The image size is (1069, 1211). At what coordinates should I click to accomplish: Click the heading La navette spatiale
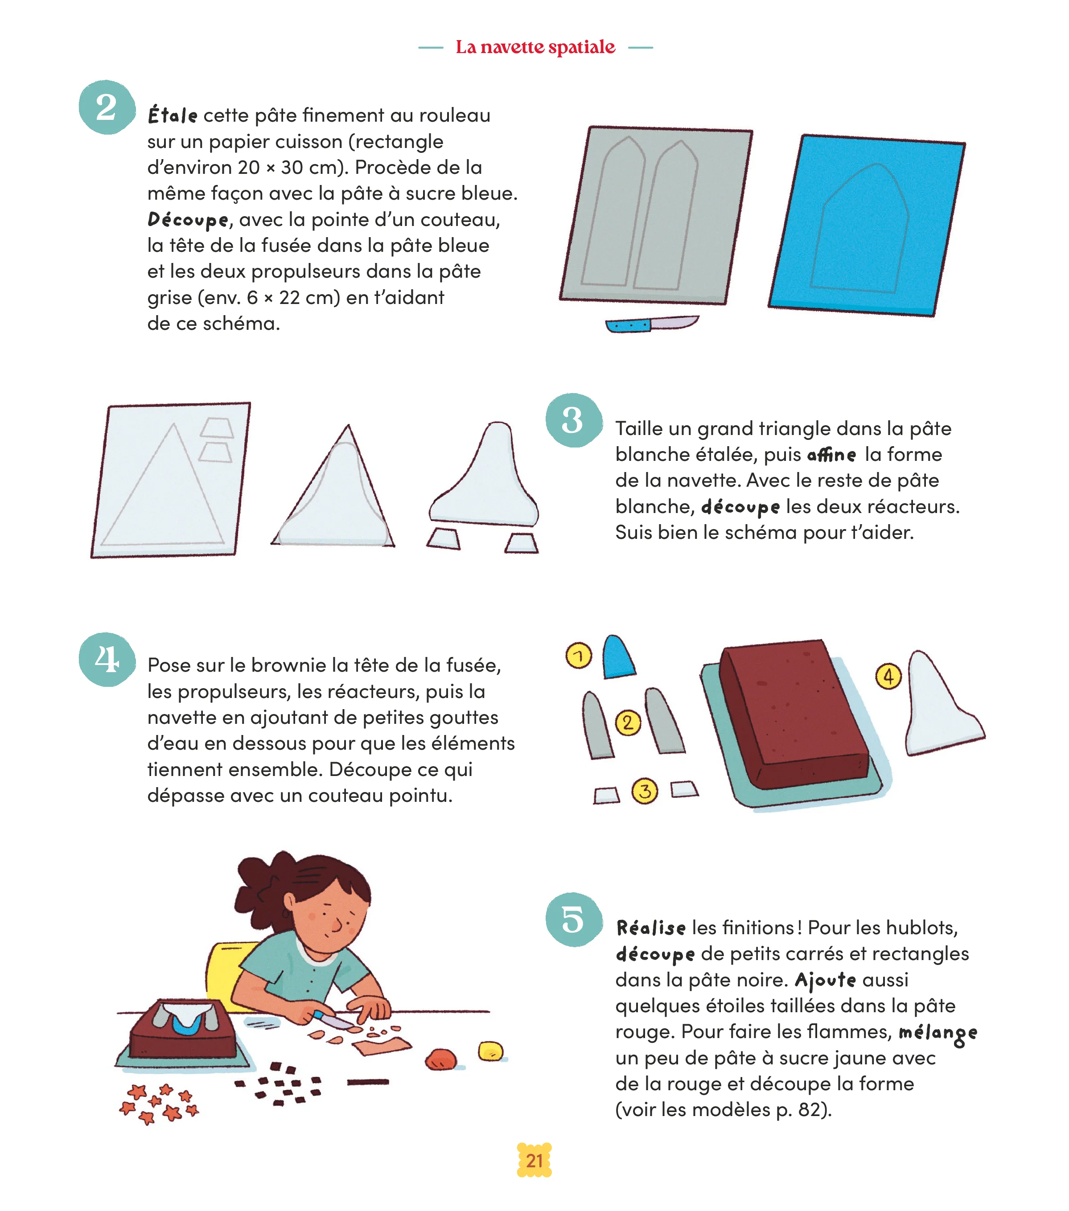coord(535,47)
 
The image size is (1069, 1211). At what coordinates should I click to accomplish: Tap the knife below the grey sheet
coord(652,324)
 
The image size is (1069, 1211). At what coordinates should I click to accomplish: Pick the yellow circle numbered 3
coord(645,790)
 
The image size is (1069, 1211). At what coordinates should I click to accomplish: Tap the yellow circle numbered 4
coord(888,676)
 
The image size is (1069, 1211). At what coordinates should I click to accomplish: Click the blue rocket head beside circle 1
coord(618,657)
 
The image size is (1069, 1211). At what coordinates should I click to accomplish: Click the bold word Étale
coord(173,115)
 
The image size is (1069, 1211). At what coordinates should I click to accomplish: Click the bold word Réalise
coord(651,927)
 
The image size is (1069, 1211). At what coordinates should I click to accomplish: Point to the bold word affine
coord(831,455)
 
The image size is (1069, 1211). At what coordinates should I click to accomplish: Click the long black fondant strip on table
coord(368,1082)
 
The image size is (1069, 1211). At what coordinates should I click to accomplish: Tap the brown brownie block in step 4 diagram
coord(794,714)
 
